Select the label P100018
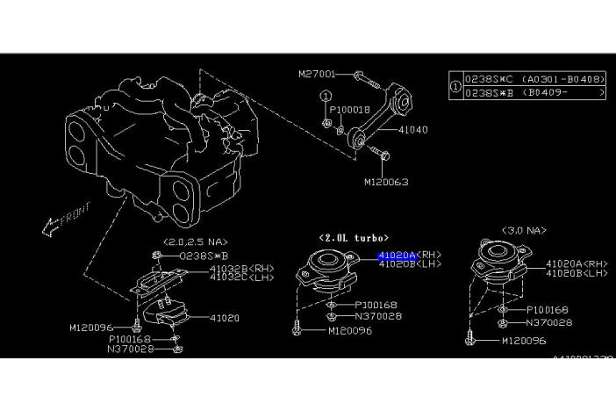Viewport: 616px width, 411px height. point(350,110)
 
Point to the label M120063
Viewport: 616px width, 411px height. point(386,182)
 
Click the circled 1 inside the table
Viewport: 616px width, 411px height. point(455,86)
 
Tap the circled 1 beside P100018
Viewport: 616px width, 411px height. point(326,96)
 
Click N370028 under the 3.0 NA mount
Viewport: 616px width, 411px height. point(549,322)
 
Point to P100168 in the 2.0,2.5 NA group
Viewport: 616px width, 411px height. point(131,338)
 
